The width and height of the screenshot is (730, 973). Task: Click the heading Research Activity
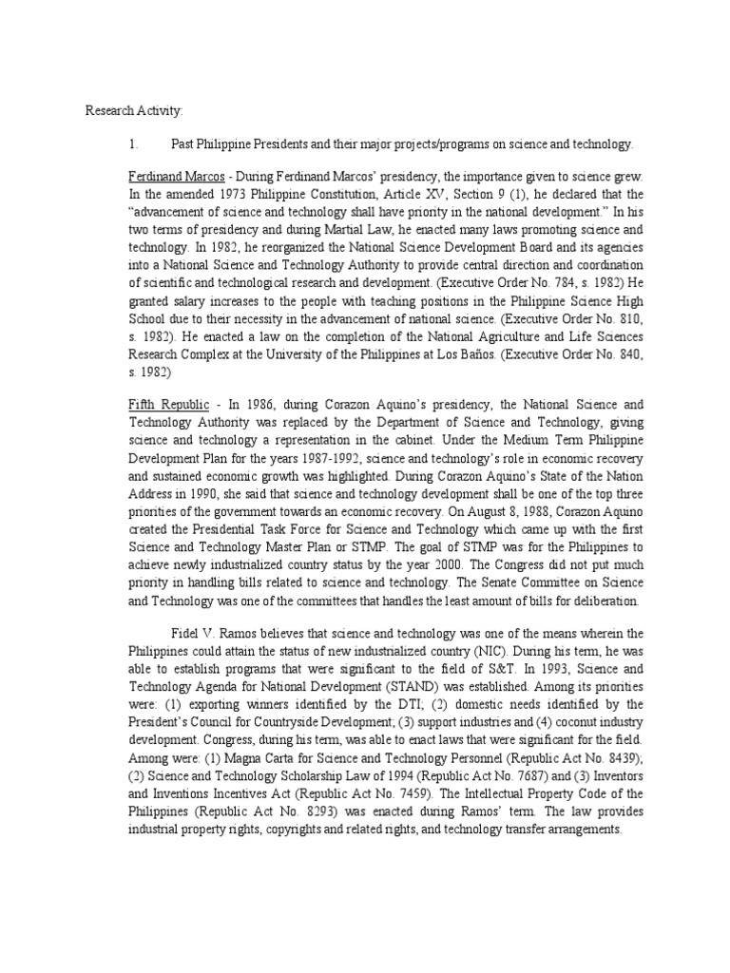[132, 112]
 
